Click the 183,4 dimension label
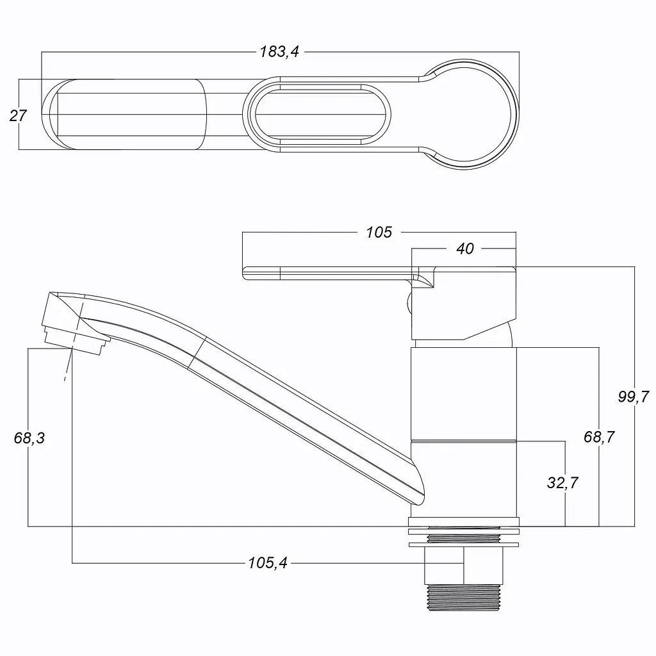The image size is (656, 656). (279, 51)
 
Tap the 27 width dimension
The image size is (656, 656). (18, 115)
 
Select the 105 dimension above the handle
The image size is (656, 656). (379, 232)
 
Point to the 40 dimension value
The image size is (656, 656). (465, 249)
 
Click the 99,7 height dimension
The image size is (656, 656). (634, 396)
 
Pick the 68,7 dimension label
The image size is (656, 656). (599, 437)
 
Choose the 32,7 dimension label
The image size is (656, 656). (562, 482)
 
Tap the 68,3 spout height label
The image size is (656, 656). (29, 438)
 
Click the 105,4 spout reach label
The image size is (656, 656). (268, 562)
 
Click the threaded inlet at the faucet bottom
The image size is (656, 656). (464, 598)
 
